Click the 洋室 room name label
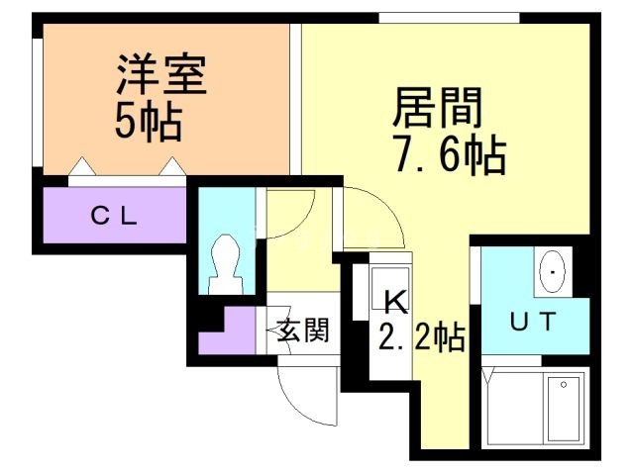click(161, 78)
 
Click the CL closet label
click(115, 215)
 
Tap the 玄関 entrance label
click(302, 332)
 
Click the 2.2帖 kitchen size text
click(421, 338)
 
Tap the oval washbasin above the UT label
click(551, 269)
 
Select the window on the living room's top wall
click(449, 17)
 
